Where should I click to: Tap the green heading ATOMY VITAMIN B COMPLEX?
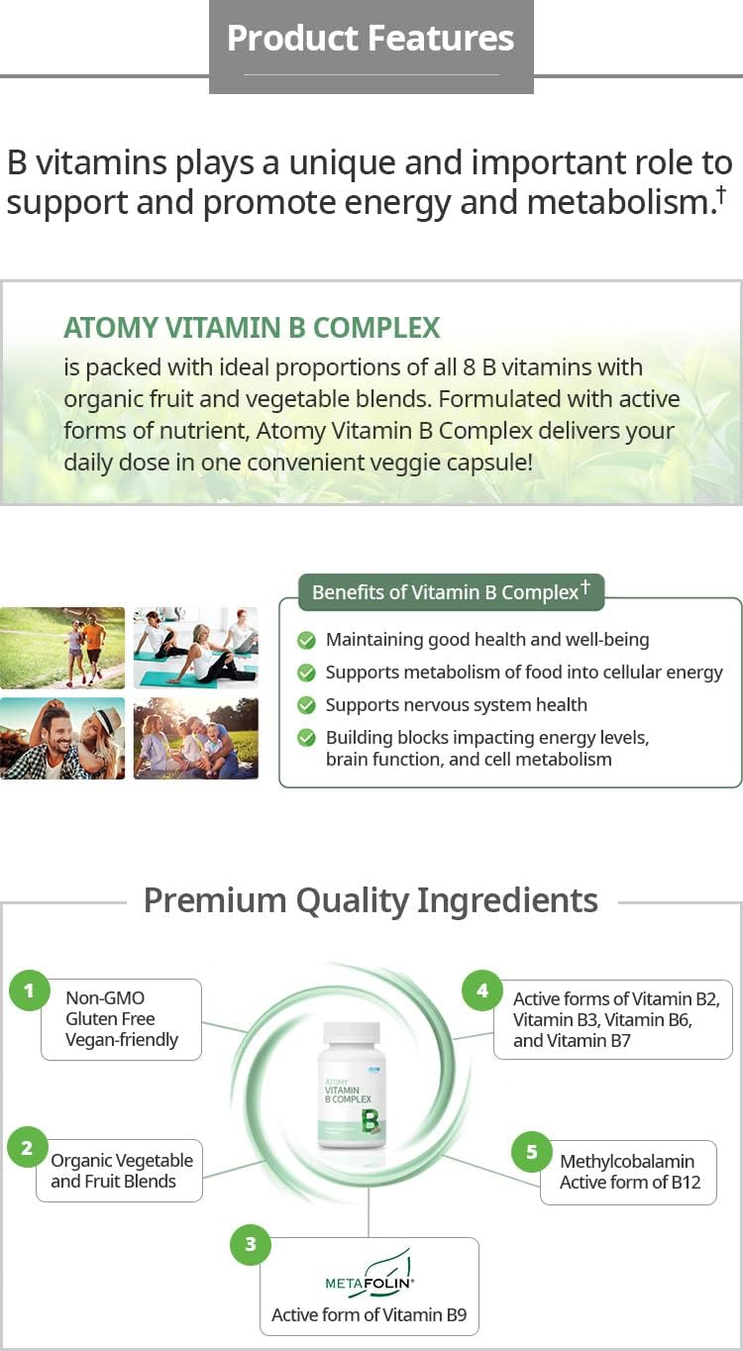252,328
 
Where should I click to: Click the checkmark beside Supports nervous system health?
307,705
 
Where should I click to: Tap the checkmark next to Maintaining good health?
307,641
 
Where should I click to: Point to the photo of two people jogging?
62,648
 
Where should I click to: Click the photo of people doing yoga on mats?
196,648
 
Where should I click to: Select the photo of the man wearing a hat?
62,738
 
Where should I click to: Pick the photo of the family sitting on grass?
196,738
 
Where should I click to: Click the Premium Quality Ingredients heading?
371,900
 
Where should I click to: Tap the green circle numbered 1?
29,990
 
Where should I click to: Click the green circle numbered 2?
27,1148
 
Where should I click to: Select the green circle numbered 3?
250,1245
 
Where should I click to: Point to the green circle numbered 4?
482,990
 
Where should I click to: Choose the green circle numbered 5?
531,1152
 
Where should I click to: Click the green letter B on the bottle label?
370,1120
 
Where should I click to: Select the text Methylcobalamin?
627,1161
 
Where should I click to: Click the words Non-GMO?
105,997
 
